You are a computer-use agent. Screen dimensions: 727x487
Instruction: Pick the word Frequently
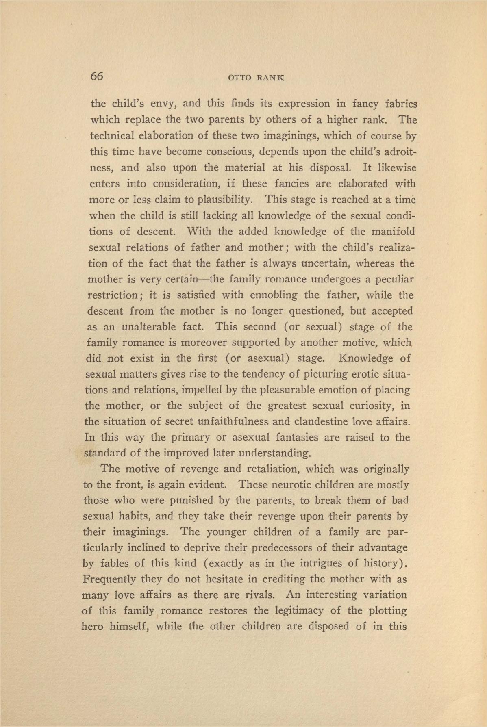tap(109, 579)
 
